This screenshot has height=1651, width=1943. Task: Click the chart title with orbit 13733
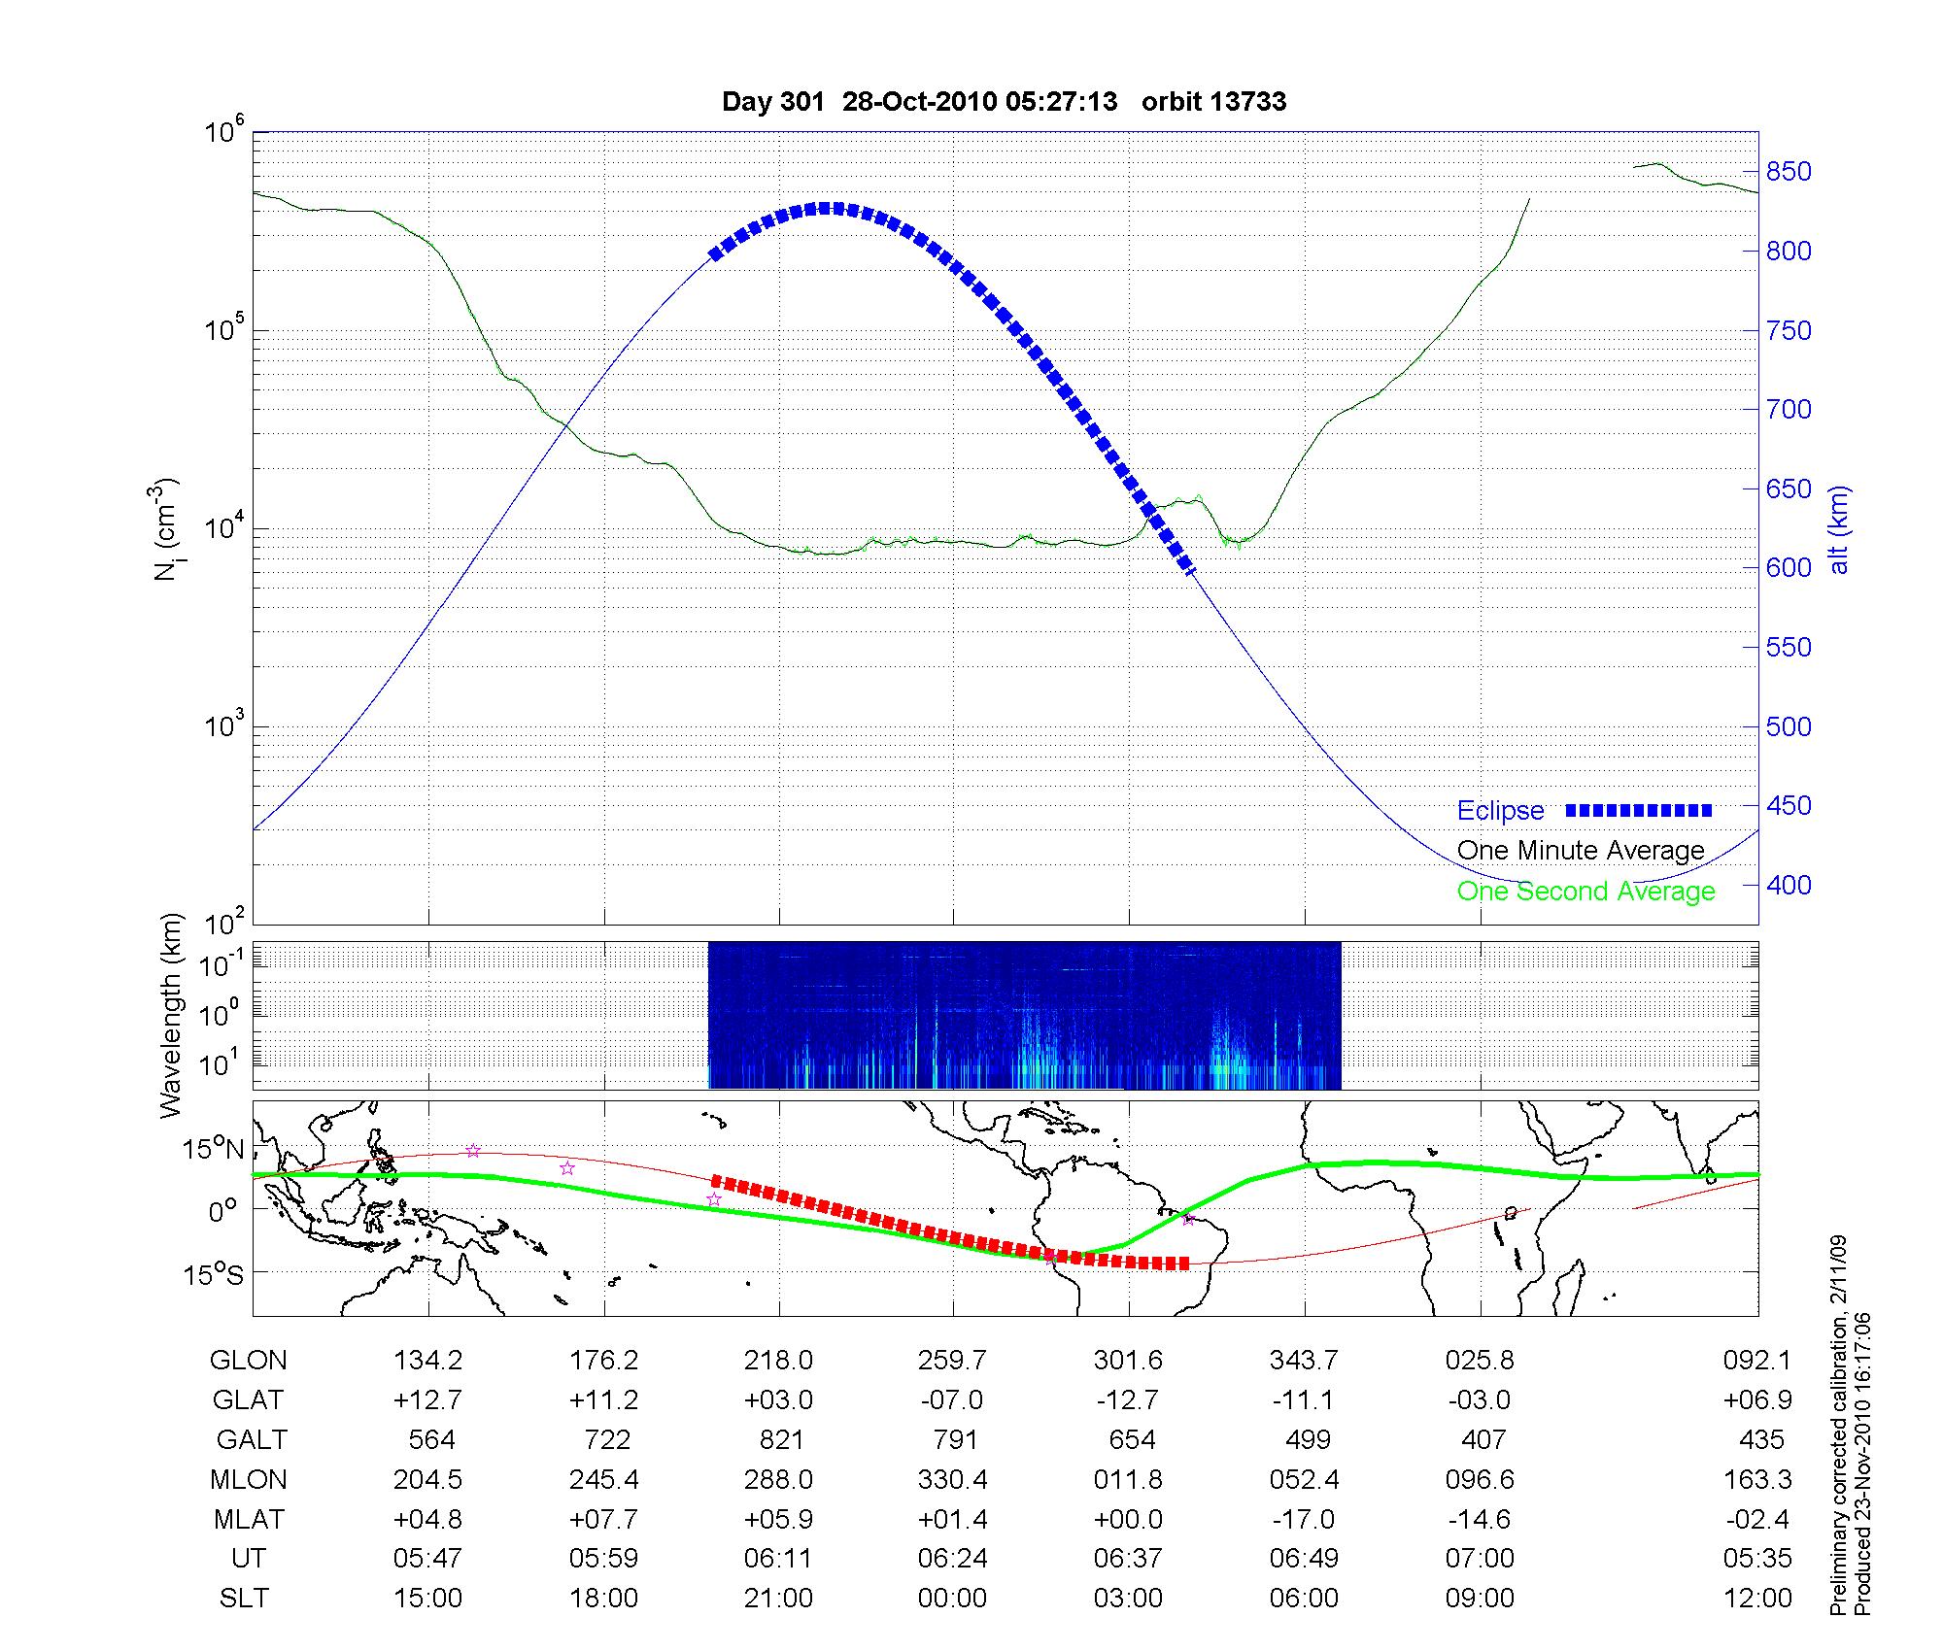(1004, 102)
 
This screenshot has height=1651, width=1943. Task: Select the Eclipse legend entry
(1500, 811)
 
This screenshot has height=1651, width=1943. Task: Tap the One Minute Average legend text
(1581, 851)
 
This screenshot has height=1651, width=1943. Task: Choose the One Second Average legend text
(1585, 892)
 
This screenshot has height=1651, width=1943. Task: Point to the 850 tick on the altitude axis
(1789, 172)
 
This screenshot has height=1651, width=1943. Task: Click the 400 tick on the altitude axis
(1789, 886)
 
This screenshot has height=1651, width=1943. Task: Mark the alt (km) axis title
(1839, 529)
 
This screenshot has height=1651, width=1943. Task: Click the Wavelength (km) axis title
(172, 1015)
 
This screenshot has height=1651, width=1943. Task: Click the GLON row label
(248, 1361)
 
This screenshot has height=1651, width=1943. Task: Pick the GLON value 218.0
(778, 1361)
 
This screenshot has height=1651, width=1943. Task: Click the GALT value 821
(781, 1439)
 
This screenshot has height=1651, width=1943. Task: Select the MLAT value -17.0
(1304, 1519)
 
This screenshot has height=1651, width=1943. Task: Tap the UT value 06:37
(1128, 1559)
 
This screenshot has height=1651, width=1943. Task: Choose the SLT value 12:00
(1757, 1599)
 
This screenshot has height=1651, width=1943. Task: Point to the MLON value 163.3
(1757, 1480)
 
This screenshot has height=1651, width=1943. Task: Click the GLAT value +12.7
(427, 1400)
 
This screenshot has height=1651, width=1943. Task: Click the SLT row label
(244, 1599)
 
